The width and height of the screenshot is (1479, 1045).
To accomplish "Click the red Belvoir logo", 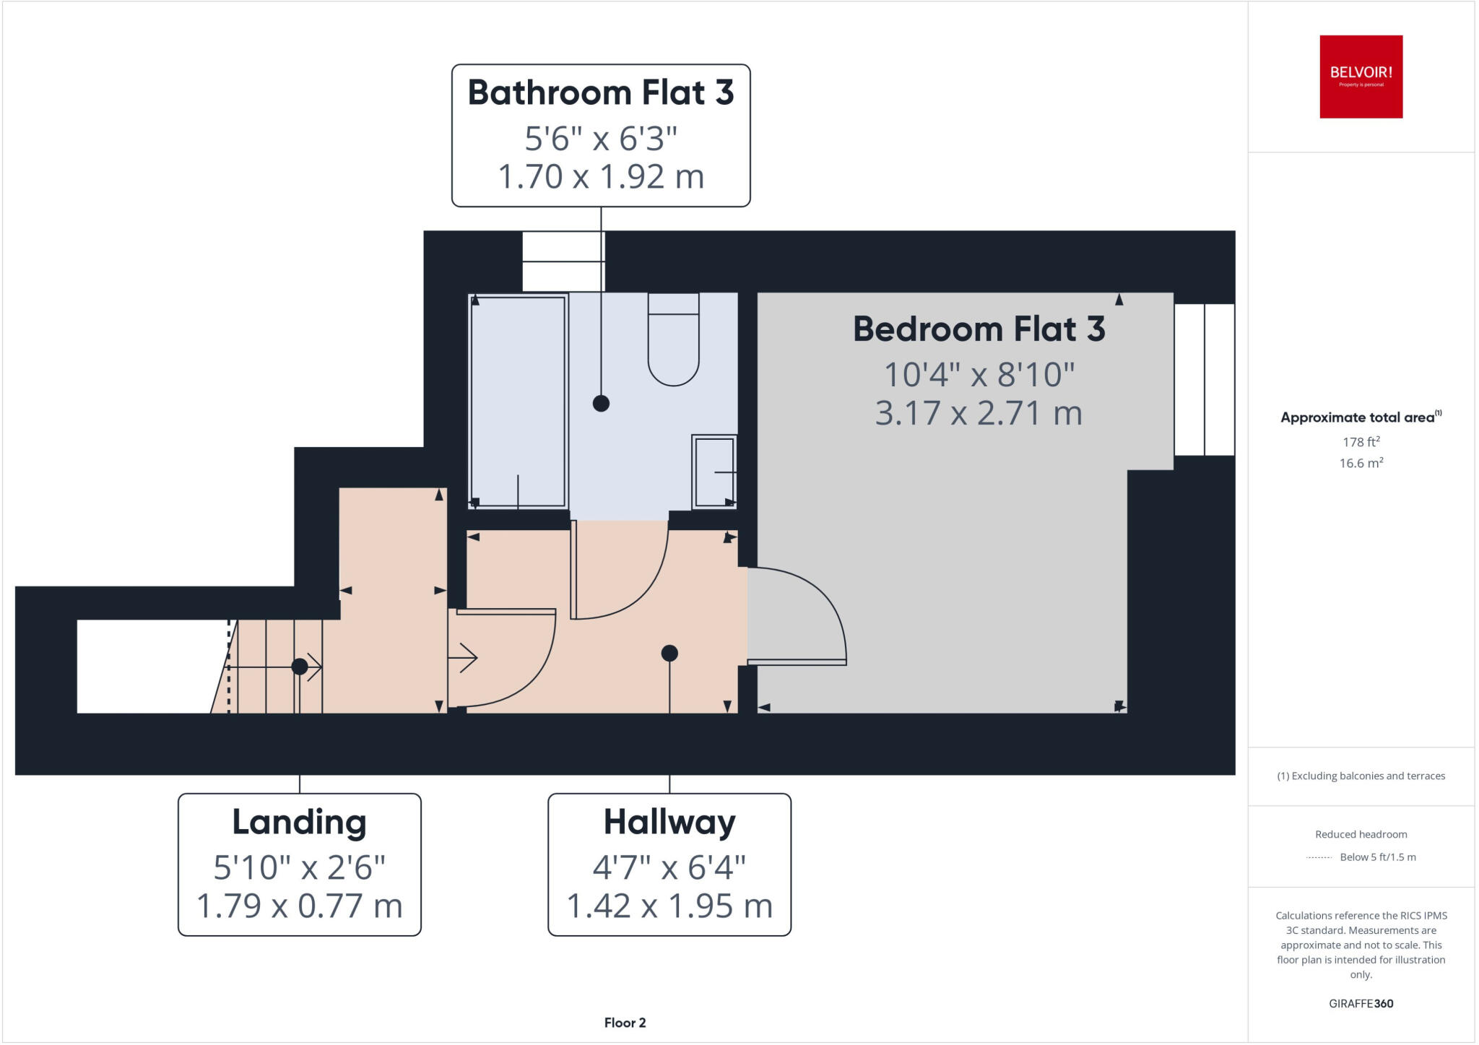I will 1361,77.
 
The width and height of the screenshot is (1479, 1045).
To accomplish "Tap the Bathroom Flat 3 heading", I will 601,92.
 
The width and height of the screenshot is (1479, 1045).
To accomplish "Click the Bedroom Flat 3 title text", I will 979,329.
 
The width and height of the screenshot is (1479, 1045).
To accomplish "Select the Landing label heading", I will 299,822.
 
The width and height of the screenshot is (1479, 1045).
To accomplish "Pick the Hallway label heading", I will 669,822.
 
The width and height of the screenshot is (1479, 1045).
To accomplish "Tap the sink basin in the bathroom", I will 714,472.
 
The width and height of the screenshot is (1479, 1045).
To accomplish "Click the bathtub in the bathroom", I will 518,401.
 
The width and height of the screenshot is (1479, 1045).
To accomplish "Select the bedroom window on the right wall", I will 1204,380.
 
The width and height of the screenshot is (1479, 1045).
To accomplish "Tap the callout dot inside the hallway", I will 669,653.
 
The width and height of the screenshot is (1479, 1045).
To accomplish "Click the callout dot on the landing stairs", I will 299,666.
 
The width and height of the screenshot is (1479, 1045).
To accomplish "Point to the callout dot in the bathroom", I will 601,403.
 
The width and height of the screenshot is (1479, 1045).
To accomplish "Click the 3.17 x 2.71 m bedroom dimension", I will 979,413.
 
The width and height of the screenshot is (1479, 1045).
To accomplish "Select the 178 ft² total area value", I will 1361,441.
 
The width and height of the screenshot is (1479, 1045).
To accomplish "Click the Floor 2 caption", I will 625,1023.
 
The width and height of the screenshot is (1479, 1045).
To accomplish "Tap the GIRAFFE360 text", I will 1361,1003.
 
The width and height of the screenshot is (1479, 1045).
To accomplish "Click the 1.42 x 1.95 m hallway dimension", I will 669,906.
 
